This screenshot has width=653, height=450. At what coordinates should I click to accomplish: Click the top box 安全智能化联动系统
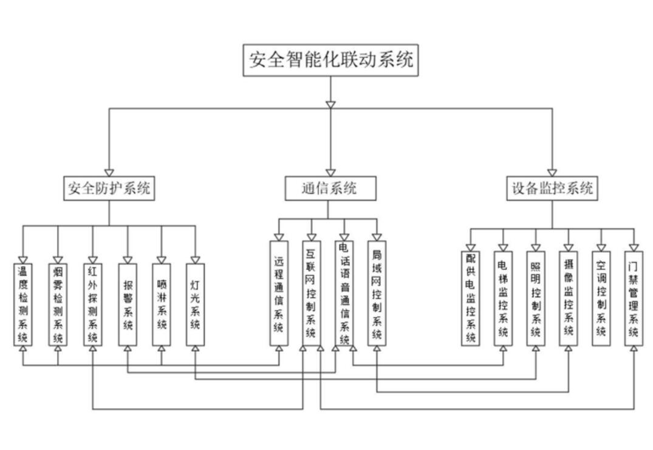click(x=331, y=60)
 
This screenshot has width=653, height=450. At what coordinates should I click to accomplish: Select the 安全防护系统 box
click(x=109, y=188)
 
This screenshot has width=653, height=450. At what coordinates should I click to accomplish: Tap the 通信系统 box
click(x=330, y=188)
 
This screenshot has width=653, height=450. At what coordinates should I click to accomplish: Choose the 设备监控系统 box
click(x=552, y=188)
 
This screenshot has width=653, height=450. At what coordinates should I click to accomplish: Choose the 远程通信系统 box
click(x=279, y=294)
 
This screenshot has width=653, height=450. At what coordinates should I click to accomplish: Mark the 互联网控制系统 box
click(x=311, y=294)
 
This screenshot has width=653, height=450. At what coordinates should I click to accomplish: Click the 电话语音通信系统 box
click(x=344, y=294)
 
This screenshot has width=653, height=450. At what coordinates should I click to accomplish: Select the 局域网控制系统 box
click(x=377, y=294)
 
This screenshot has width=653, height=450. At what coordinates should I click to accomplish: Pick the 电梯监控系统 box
click(x=503, y=298)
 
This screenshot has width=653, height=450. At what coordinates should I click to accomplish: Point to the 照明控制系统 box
click(x=536, y=298)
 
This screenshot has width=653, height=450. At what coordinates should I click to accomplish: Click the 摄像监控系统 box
click(x=569, y=298)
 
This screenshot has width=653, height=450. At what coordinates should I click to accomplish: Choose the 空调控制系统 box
click(x=601, y=298)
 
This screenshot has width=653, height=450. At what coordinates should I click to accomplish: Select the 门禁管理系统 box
click(x=634, y=298)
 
